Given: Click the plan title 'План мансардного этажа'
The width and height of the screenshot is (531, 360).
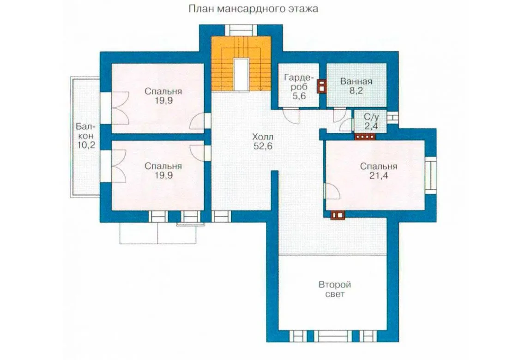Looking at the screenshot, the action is click(x=253, y=8).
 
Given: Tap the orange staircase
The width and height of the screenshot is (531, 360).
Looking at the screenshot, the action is click(x=241, y=64).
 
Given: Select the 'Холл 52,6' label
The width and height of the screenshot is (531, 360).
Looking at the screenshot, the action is click(x=263, y=141).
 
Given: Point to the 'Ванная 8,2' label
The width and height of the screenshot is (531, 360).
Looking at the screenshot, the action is click(x=356, y=86).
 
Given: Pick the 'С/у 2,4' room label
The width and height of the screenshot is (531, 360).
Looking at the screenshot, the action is click(x=371, y=122).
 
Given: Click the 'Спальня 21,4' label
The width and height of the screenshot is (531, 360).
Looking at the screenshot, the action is click(x=379, y=171).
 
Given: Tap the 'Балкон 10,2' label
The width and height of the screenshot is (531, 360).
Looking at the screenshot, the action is click(x=85, y=136).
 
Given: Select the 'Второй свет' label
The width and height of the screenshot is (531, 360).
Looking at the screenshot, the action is click(x=335, y=289).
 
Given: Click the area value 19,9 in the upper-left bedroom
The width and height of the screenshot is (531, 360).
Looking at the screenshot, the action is click(x=164, y=101).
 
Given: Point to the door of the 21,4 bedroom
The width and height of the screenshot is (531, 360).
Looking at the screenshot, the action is click(x=332, y=191).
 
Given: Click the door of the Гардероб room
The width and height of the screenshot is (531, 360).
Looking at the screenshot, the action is click(x=291, y=115).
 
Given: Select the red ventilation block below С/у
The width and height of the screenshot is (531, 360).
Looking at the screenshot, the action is click(x=365, y=137).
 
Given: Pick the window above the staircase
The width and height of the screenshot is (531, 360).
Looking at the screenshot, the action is click(x=241, y=30).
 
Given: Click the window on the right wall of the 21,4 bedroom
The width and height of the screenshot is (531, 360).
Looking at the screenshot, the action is click(x=431, y=175).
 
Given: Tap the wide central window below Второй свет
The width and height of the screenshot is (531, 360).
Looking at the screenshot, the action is click(x=332, y=336).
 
